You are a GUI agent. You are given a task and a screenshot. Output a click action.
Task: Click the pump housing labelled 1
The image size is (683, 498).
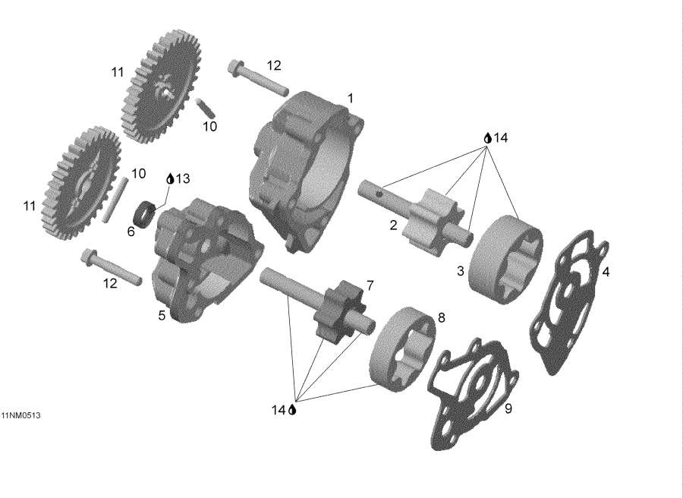click(x=304, y=167)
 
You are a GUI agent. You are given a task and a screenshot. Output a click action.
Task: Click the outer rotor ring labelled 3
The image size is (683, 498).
click(x=507, y=254)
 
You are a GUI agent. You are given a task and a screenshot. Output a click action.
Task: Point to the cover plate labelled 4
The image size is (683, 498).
click(x=569, y=304)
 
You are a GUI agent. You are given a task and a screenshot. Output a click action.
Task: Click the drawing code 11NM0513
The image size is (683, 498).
click(x=21, y=415)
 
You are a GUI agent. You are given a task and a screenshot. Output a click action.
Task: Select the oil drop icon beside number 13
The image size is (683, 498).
click(x=170, y=178)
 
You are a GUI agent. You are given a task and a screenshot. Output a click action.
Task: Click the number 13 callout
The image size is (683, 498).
click(x=183, y=178)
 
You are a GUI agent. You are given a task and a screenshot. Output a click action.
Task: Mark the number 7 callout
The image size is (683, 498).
click(x=370, y=285)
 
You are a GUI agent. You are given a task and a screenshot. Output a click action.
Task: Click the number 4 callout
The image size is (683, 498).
click(x=605, y=272)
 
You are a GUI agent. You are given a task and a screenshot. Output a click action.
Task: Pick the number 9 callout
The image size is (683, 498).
click(x=508, y=409)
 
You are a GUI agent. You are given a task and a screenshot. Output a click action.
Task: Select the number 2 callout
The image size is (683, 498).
click(x=393, y=225)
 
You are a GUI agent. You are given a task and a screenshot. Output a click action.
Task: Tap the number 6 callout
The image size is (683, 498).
click(x=131, y=232)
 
